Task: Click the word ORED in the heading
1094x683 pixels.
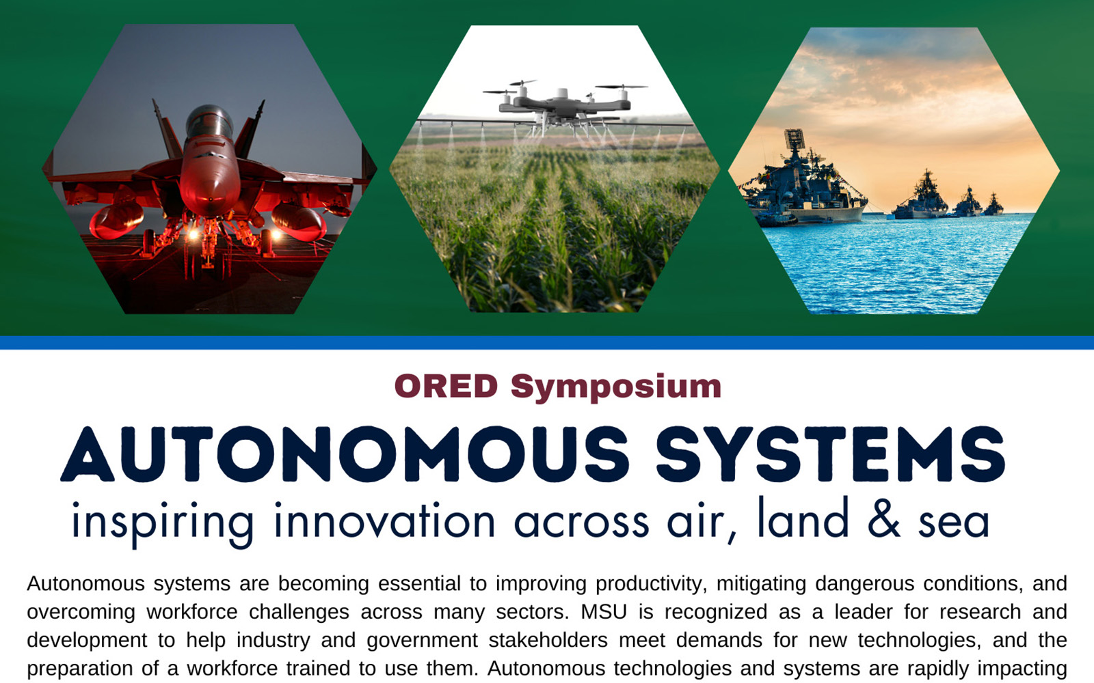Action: coord(446,387)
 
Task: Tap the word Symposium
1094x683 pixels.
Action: coord(616,389)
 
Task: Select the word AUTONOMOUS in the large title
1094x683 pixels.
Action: coord(345,454)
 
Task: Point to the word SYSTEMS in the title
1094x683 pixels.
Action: coord(830,454)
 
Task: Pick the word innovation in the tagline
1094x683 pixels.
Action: coord(385,520)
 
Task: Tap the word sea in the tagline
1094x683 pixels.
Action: coord(954,524)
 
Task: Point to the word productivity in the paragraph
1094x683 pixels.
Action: coord(651,585)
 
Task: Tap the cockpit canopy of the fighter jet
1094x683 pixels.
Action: coord(209,120)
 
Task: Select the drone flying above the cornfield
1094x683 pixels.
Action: coord(565,104)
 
